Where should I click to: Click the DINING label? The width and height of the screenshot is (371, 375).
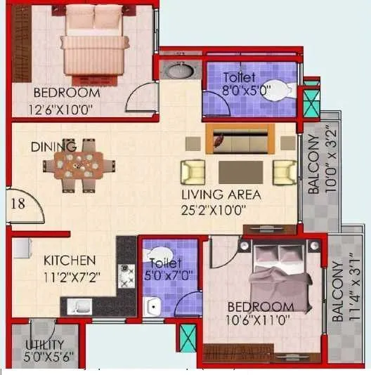pos(53,147)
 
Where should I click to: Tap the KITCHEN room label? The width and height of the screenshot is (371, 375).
pos(70,260)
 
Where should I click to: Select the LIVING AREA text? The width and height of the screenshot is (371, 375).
pos(221,195)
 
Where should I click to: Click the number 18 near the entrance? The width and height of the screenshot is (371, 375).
pos(20,204)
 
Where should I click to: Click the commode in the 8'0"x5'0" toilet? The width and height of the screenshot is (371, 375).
pos(278,89)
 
